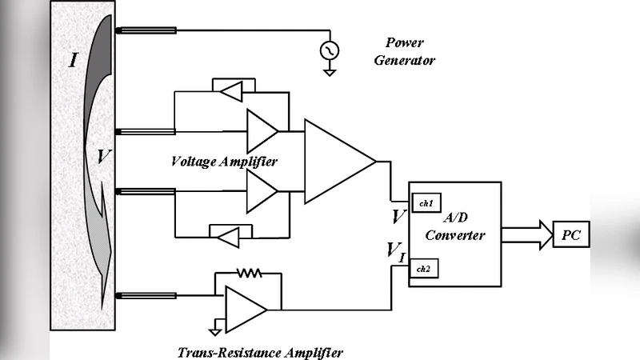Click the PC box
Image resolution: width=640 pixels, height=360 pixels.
[571, 235]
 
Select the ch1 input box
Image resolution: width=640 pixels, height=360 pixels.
[424, 203]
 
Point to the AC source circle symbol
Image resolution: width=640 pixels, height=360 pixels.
[329, 50]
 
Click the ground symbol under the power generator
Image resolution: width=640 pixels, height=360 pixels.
[329, 72]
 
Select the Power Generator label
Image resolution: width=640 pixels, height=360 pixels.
[405, 52]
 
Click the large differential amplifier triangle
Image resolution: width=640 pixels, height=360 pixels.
[336, 162]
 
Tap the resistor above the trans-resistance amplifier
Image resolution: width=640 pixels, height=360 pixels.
[249, 274]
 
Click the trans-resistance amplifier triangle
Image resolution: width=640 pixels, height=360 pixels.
[245, 305]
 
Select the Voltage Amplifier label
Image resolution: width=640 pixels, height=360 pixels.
[224, 162]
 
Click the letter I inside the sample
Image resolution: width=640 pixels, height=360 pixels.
[73, 58]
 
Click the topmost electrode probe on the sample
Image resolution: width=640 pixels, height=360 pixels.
[146, 31]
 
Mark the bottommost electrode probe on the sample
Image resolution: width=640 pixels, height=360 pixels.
[146, 295]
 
